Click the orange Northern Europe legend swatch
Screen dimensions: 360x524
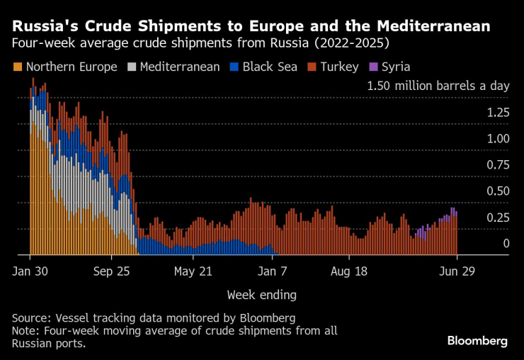(x=18, y=67)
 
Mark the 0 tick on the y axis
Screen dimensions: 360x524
(x=506, y=243)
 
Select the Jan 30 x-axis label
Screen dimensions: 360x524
(x=30, y=271)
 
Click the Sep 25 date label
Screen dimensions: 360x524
(x=112, y=271)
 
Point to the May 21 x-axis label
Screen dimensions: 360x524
(x=193, y=271)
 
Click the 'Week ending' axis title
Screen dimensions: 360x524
(x=261, y=294)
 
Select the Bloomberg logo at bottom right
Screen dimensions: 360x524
(x=477, y=341)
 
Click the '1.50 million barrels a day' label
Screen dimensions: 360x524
(x=438, y=86)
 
